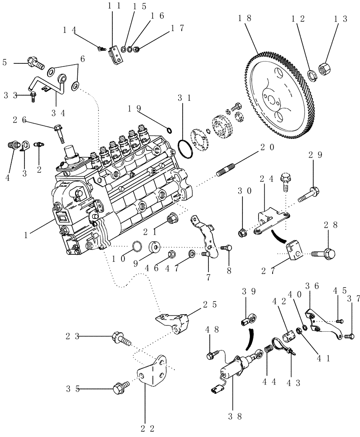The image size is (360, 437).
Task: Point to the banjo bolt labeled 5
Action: [x=35, y=63]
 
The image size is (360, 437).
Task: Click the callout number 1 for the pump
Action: [x=27, y=235]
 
